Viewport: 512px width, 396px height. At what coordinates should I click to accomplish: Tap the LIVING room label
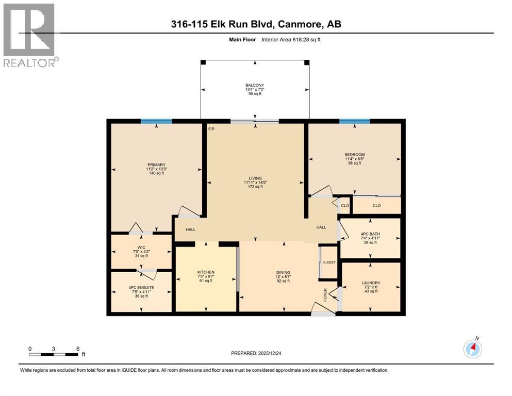(255, 178)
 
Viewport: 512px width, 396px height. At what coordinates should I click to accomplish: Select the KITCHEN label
(206, 272)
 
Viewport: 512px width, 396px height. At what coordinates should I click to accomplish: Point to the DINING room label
(283, 273)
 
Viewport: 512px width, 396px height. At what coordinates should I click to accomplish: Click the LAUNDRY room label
(371, 283)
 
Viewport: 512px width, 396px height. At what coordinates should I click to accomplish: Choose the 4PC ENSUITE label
(141, 287)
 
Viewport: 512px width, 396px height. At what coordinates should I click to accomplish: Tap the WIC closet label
(141, 247)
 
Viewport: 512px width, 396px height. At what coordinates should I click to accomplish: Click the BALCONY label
(255, 85)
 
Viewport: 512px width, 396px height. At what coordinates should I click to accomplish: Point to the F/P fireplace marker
(211, 128)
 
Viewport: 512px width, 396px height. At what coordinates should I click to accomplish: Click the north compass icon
(472, 349)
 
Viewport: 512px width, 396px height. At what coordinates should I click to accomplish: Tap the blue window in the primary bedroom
(156, 122)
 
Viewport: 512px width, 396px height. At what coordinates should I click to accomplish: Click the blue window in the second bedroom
(354, 122)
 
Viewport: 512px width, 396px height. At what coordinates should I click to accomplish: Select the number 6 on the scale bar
(77, 349)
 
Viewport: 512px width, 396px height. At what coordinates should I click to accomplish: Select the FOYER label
(325, 293)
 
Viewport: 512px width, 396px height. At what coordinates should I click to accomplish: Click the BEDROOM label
(354, 155)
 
